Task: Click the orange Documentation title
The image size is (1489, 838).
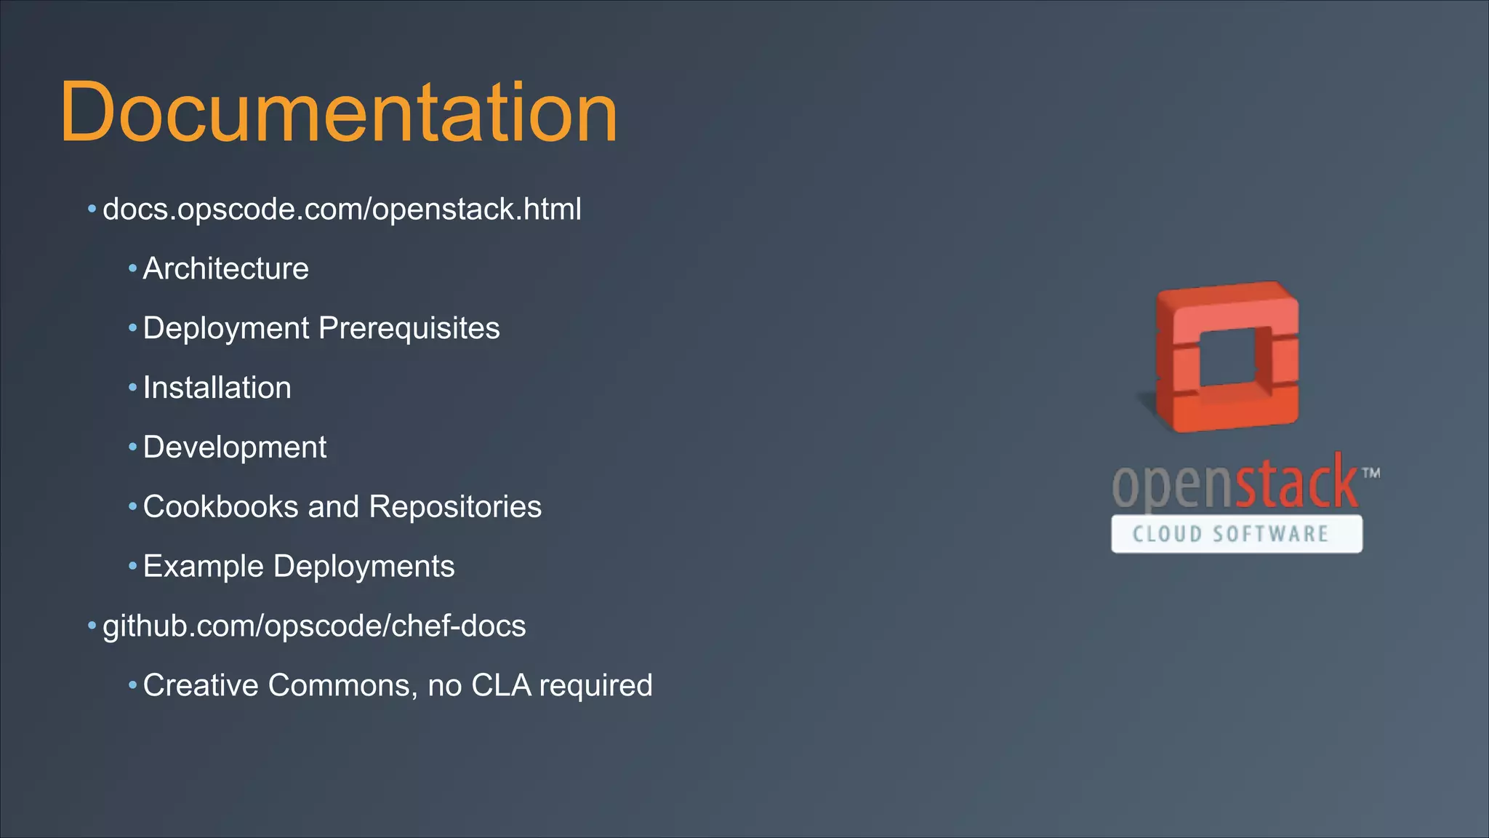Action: (338, 113)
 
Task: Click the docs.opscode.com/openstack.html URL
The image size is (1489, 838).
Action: (342, 209)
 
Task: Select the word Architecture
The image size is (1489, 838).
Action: (225, 269)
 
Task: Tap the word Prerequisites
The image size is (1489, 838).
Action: (409, 329)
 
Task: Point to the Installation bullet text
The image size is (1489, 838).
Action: (217, 388)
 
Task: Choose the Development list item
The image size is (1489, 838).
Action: (234, 447)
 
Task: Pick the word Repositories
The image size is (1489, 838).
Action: (455, 507)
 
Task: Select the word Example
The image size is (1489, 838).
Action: (203, 567)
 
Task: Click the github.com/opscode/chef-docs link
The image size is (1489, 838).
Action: (314, 626)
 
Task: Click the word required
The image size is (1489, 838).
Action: (595, 686)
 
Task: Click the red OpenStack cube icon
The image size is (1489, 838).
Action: (1227, 356)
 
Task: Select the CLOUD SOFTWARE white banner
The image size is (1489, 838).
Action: (1236, 534)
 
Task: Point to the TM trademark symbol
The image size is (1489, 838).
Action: (1371, 473)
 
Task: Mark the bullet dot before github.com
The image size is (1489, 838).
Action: (92, 626)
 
